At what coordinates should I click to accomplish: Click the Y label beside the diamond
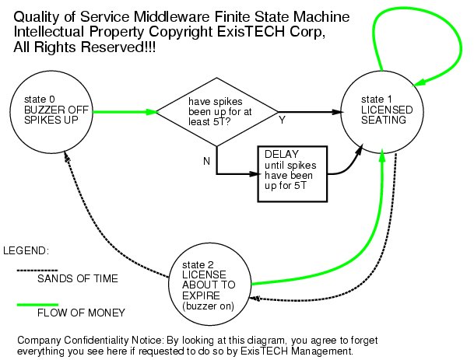pyautogui.click(x=281, y=121)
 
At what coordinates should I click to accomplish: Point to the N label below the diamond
pyautogui.click(x=206, y=161)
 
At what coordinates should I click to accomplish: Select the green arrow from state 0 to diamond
pyautogui.click(x=124, y=112)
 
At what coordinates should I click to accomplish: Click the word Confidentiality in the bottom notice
pyautogui.click(x=93, y=341)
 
